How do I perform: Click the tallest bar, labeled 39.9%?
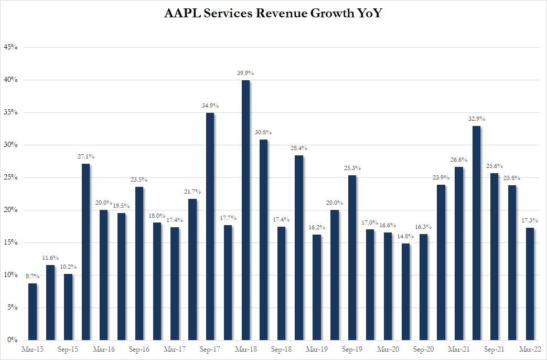[245, 210]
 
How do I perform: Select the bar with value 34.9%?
[210, 226]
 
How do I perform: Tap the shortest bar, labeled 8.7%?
[33, 312]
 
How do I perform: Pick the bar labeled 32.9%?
[477, 233]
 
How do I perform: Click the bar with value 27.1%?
[85, 252]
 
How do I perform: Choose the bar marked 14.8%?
[406, 292]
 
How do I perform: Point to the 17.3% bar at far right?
[530, 284]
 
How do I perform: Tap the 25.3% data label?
[352, 168]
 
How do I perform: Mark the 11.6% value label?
[50, 258]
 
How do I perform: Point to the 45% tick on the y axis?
[10, 47]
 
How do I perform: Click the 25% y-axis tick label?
[10, 177]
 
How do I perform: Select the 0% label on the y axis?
[12, 340]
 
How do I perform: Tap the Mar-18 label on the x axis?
[245, 349]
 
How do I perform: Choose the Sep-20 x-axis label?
[423, 349]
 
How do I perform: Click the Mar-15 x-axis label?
[33, 349]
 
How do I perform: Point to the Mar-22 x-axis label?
[530, 349]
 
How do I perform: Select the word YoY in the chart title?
[366, 14]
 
